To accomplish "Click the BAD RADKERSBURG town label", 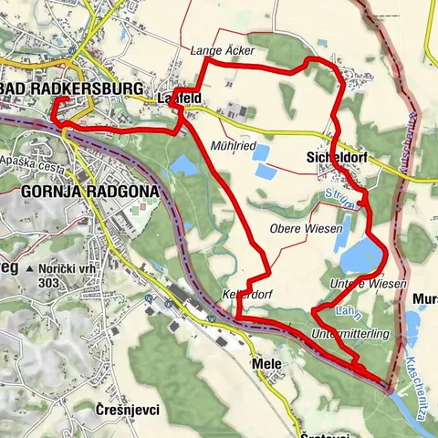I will tap(73, 89).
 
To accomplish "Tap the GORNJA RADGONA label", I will tap(88, 192).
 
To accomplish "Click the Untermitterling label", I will tap(350, 335).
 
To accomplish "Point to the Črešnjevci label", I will tap(127, 411).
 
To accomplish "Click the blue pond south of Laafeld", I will tap(182, 165).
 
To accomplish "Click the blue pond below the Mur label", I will tap(412, 323).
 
